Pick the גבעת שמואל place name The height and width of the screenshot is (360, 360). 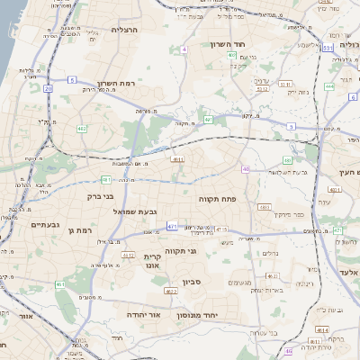pos(136,211)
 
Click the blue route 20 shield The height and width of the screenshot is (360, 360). pos(48,89)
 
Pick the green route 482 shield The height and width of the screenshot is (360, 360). pos(82,129)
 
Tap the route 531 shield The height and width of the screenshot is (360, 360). pos(328,48)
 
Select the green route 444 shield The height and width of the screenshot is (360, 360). pos(329,86)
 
